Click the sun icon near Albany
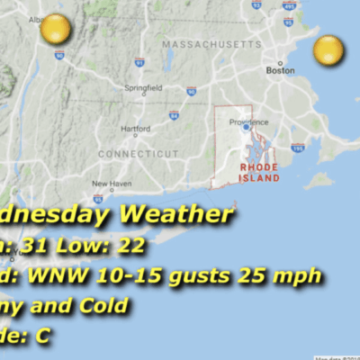(56, 30)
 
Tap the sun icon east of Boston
(328, 50)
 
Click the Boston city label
(281, 70)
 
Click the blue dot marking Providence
(245, 128)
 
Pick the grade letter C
(43, 337)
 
